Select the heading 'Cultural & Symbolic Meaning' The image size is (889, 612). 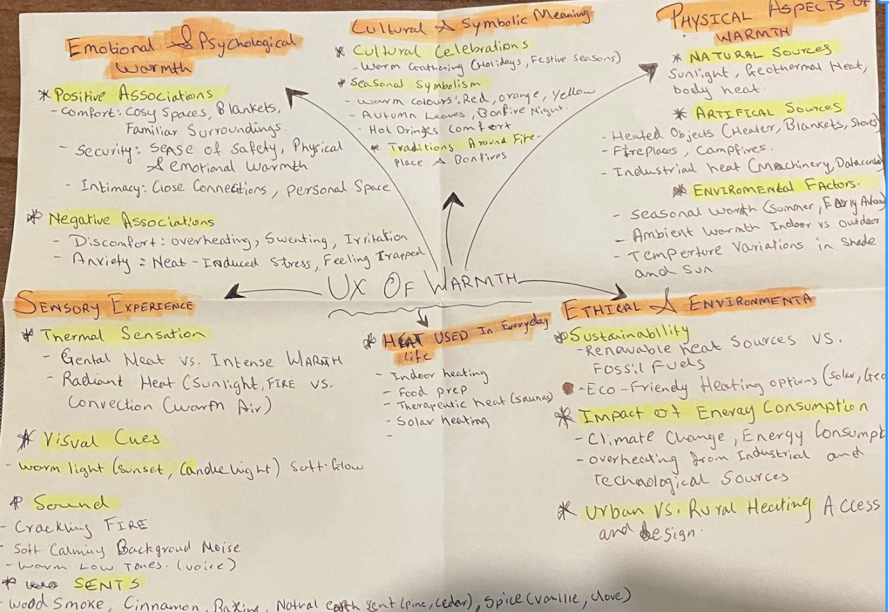pos(470,23)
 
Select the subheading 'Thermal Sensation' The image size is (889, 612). pos(123,335)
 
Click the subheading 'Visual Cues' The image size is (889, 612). pos(100,440)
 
